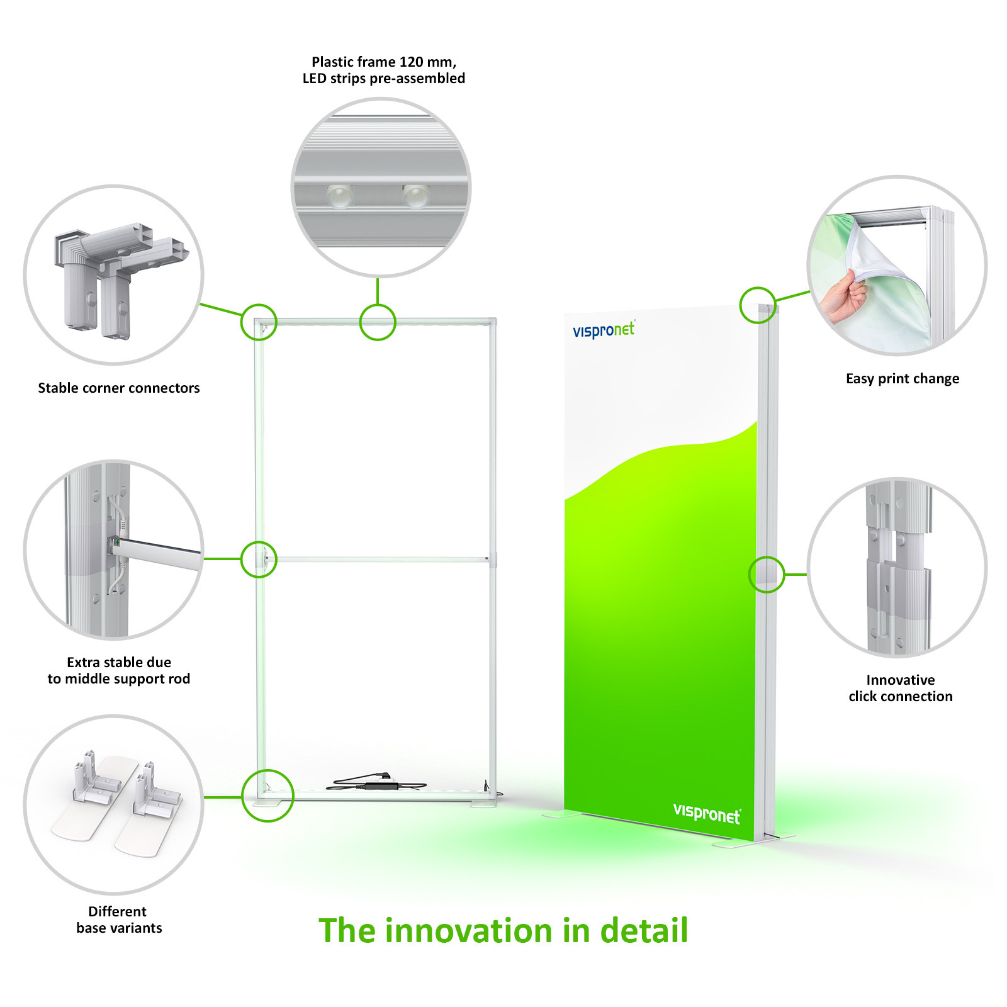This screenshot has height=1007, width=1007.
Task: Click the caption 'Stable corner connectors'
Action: tap(119, 388)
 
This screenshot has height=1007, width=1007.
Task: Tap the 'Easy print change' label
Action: tap(903, 379)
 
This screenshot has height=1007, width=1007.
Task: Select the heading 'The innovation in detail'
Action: tap(503, 930)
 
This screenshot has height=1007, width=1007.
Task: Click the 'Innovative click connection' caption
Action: tap(901, 688)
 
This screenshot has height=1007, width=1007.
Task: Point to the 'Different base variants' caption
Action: tap(119, 920)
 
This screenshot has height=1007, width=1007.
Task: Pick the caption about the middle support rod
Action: tap(119, 670)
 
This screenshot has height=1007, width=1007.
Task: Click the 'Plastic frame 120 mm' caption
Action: tap(384, 70)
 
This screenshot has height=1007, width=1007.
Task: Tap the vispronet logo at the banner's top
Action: tap(604, 329)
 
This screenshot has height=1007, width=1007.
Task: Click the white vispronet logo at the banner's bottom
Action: tap(707, 813)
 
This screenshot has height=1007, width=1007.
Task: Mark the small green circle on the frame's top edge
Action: tap(378, 322)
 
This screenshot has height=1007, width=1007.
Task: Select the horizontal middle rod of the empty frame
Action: tap(380, 559)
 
